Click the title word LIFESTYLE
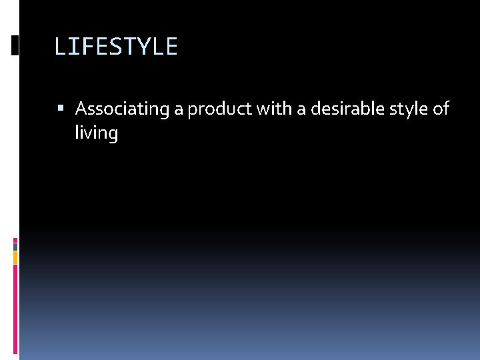(x=116, y=47)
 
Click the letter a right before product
(x=179, y=109)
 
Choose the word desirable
(x=339, y=109)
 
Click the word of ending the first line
(x=441, y=109)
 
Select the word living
(x=97, y=133)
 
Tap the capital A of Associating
(x=81, y=109)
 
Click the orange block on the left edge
(x=15, y=257)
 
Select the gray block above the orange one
(x=15, y=246)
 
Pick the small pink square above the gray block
(x=15, y=239)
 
